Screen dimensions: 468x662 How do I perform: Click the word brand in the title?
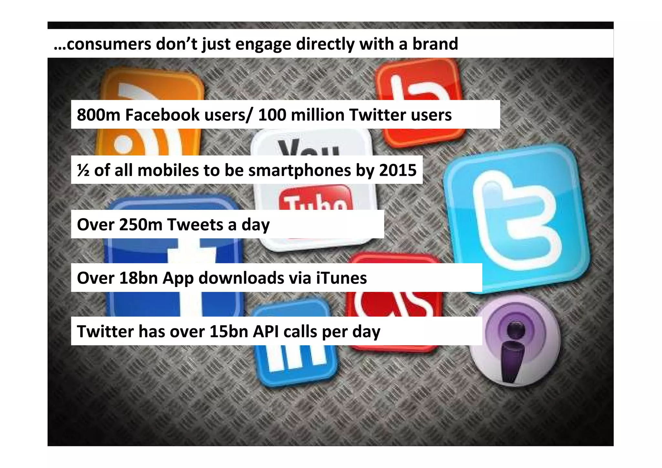click(x=435, y=44)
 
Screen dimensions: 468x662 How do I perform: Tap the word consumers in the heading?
click(x=108, y=44)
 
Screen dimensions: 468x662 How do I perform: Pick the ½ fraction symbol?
click(x=83, y=170)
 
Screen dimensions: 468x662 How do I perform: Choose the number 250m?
click(x=140, y=224)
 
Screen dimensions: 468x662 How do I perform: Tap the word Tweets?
click(x=195, y=224)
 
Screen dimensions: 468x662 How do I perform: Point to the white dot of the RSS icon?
click(x=123, y=144)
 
